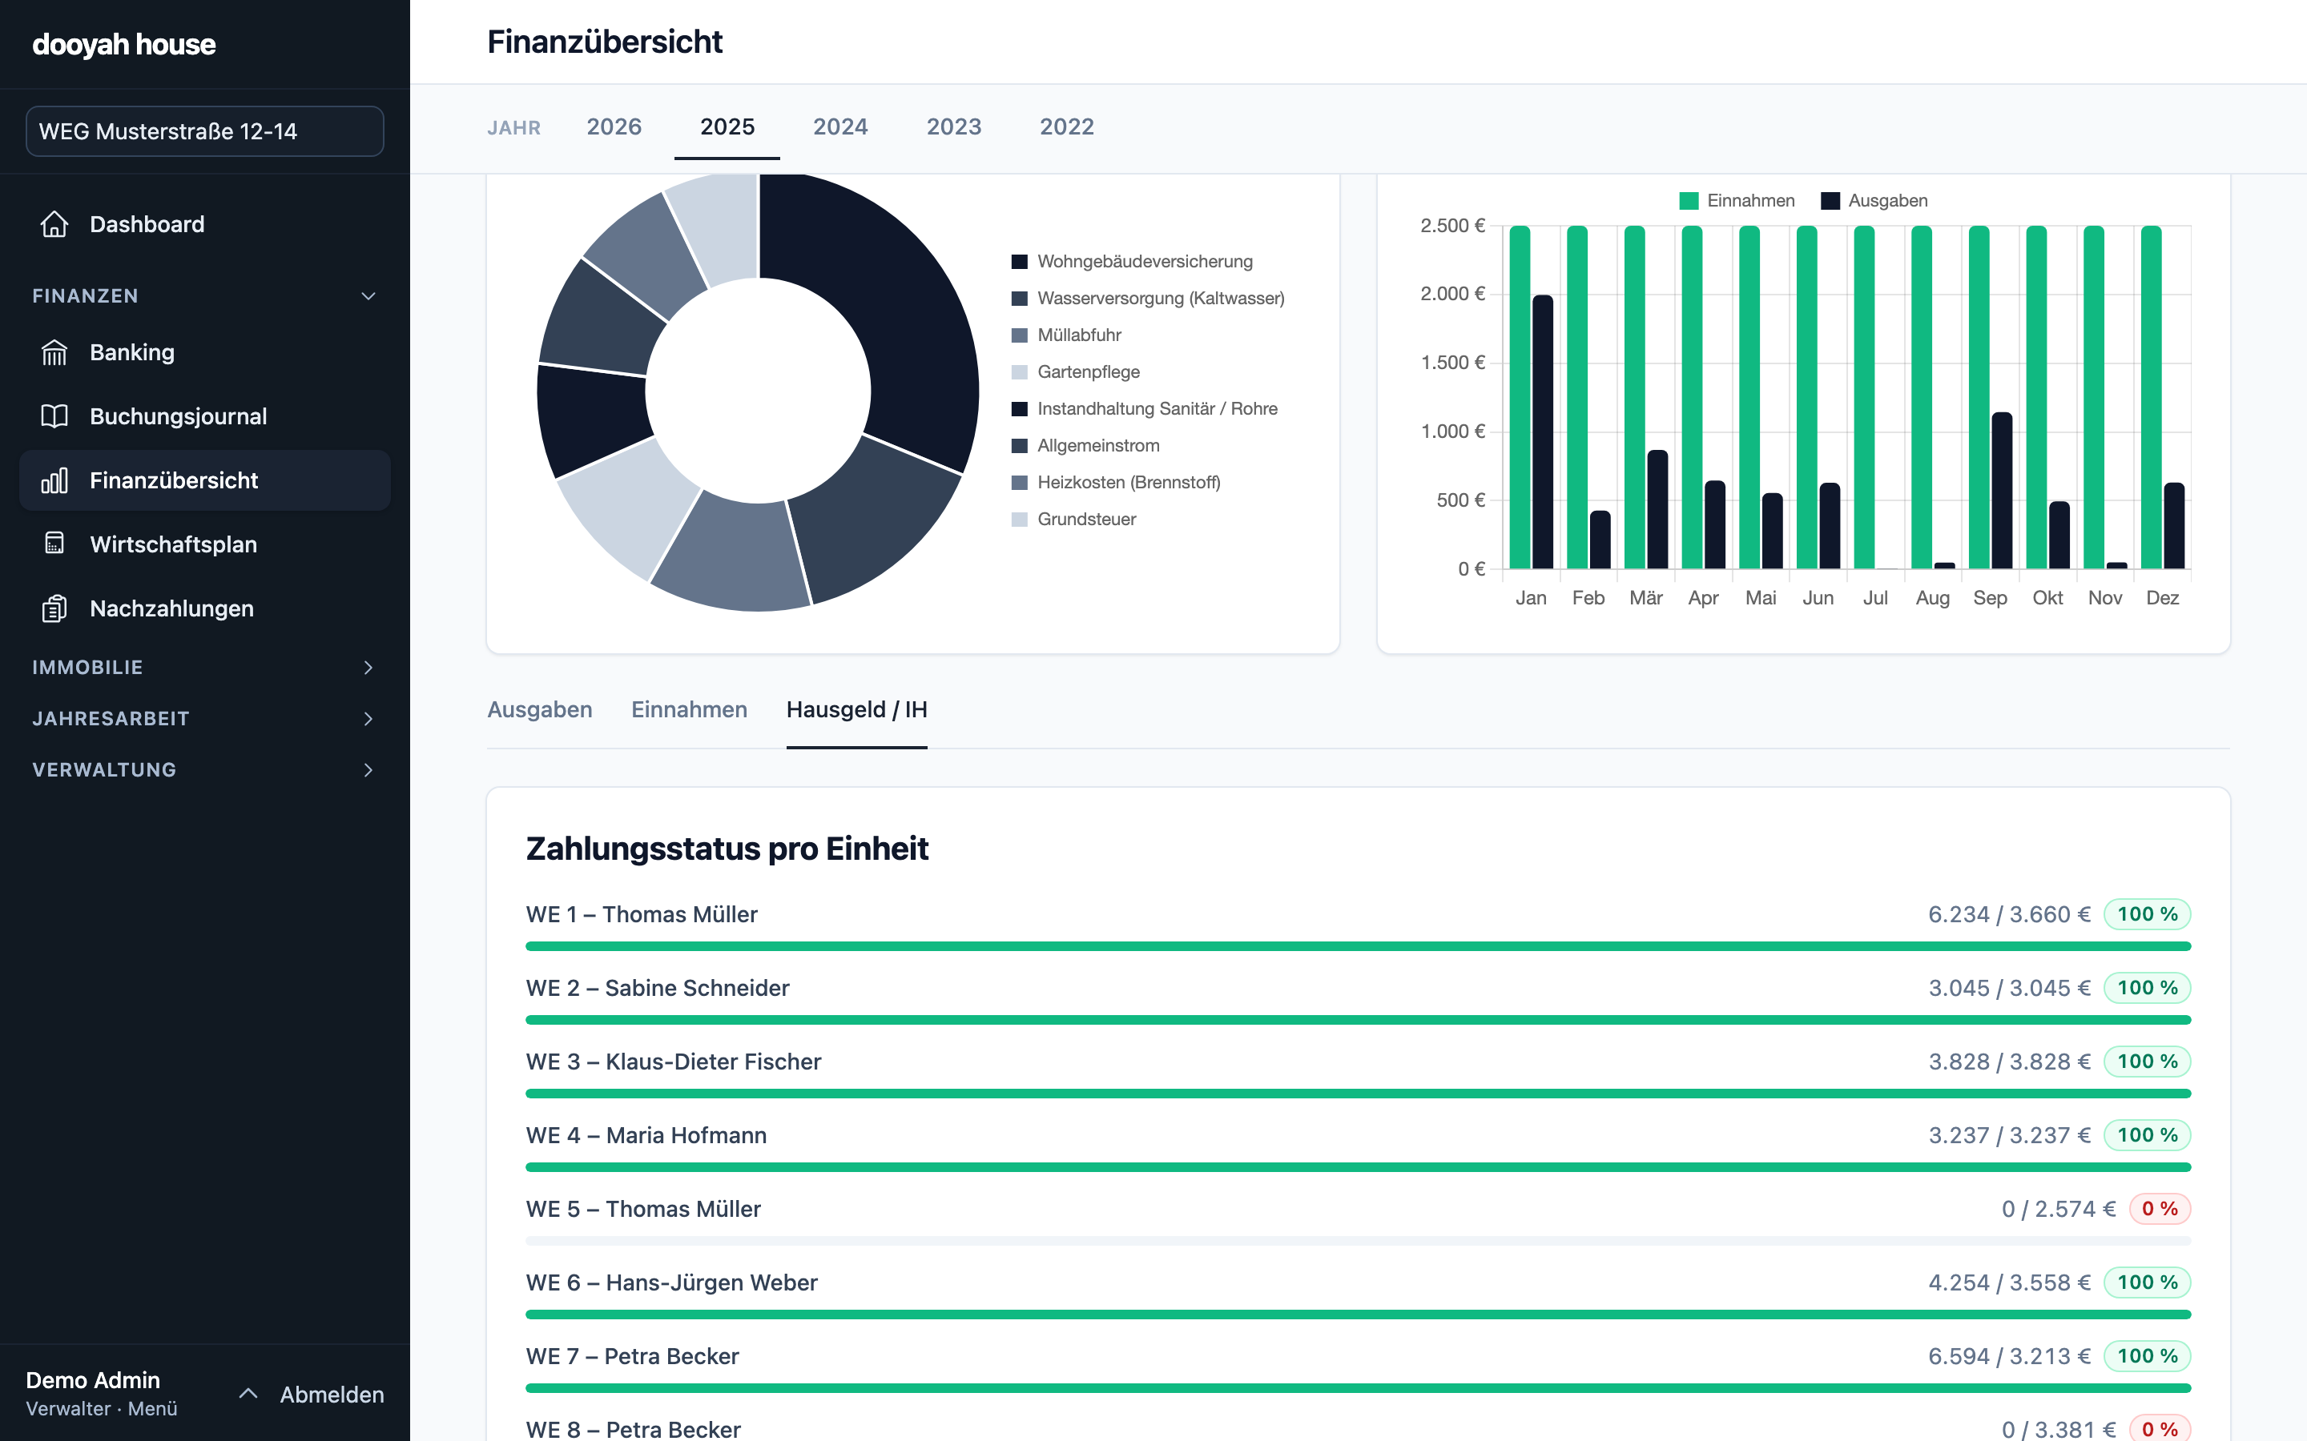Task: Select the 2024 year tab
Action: click(839, 126)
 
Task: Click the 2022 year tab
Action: click(1067, 126)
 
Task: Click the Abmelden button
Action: click(332, 1395)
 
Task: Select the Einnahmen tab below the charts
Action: click(689, 710)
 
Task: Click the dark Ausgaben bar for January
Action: click(1543, 431)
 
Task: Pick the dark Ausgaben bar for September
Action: click(2002, 491)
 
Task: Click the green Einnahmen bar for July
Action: click(1864, 397)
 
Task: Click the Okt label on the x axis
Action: click(2047, 597)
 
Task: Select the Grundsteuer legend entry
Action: click(1073, 520)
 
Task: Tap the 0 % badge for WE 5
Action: click(2160, 1209)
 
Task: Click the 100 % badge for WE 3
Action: click(2147, 1062)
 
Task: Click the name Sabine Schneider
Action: click(697, 989)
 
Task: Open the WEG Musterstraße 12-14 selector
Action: click(205, 130)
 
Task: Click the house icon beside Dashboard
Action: click(54, 224)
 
